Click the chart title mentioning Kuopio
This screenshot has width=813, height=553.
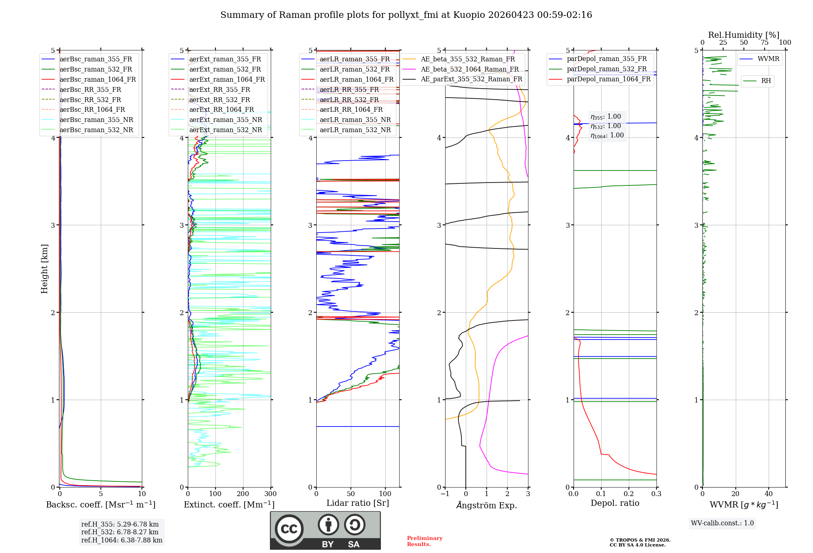pos(406,15)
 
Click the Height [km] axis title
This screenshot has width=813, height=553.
pos(44,269)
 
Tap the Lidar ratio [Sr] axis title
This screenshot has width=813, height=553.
pos(358,503)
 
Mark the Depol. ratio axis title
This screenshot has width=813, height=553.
pos(615,503)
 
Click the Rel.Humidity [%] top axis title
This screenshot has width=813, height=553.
pos(743,35)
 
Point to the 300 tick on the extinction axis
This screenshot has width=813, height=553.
pos(270,494)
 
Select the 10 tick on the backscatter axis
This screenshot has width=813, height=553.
pos(142,494)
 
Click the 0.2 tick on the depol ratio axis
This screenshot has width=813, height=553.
pos(628,494)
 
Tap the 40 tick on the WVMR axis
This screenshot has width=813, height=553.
pos(768,494)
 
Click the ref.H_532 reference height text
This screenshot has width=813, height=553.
pos(120,532)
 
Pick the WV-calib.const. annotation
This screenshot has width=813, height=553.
pos(722,523)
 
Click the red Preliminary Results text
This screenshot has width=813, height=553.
pos(424,541)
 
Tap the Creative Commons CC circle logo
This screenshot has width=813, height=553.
pos(289,529)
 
